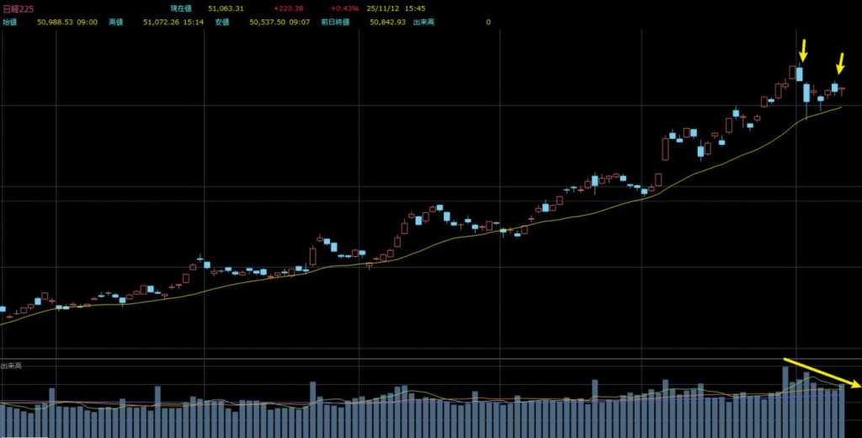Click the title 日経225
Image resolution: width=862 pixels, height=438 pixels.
coord(18,8)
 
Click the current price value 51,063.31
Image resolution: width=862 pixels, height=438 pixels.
coord(226,8)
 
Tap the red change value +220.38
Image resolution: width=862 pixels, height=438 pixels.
coord(288,8)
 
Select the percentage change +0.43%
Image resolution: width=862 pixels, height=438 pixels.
coord(344,8)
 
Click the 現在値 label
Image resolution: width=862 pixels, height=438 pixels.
coord(181,8)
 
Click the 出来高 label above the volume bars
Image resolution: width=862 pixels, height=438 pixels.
coord(12,366)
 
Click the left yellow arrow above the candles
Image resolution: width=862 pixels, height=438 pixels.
coord(802,51)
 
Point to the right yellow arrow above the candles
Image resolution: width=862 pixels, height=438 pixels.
coord(840,63)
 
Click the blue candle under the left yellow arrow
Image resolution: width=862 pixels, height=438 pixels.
coord(800,74)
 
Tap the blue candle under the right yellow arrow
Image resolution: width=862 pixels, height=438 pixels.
coord(835,87)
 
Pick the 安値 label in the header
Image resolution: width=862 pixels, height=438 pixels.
coord(222,22)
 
